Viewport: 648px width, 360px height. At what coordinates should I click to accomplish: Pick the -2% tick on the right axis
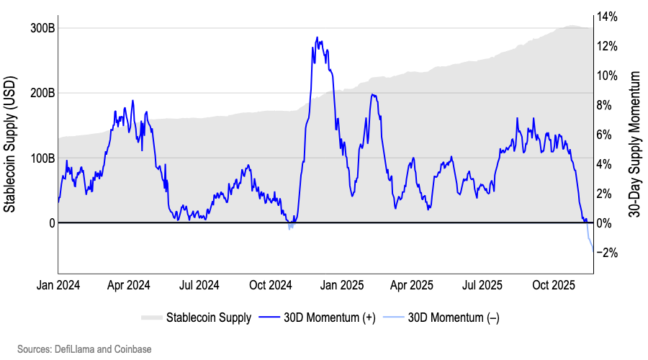click(x=607, y=253)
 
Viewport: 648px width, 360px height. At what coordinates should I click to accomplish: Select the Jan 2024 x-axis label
click(x=58, y=285)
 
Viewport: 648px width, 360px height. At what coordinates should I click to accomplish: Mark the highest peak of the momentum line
click(x=317, y=37)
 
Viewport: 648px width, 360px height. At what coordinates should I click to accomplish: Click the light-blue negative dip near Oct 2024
click(x=289, y=228)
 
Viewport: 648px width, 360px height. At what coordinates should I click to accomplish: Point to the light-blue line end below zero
click(x=593, y=248)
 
